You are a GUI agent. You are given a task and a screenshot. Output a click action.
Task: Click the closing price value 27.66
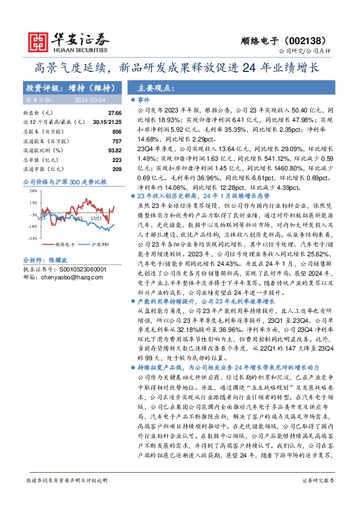coord(115,113)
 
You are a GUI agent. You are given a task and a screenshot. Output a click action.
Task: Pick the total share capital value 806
coord(117,131)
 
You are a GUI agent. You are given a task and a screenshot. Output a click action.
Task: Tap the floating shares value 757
coord(117,140)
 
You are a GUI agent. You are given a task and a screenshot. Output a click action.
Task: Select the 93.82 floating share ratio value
coord(114,149)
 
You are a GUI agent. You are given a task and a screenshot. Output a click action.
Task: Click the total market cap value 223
coord(117,158)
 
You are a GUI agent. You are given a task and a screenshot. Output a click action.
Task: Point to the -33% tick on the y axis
coord(32,239)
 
